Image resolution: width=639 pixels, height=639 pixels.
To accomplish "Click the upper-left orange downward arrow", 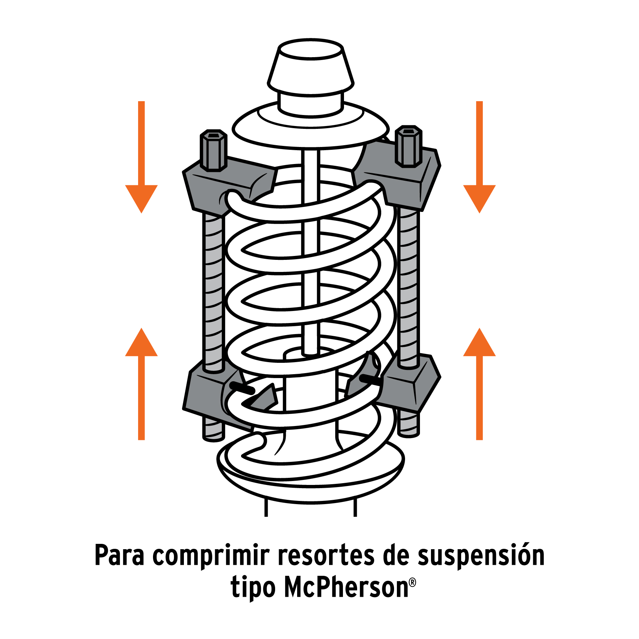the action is point(141,157).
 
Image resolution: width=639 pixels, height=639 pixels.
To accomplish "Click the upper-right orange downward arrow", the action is point(479,157).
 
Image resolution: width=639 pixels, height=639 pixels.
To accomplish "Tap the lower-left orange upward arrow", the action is point(141,384).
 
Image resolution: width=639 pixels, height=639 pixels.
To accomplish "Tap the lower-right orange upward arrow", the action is point(479,384).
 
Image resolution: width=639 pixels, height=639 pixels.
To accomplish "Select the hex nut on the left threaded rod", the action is point(213,150).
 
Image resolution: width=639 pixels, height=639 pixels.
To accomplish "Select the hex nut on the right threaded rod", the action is point(409,146).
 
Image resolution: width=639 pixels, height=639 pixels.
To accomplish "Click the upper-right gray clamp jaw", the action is point(397,174).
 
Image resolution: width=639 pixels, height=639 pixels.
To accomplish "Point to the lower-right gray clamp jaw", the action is point(405,383).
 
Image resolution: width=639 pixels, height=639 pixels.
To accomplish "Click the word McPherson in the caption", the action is point(346,588).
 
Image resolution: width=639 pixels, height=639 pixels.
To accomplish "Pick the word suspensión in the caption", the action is point(481,556).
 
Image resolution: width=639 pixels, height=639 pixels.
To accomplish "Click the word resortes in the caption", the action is point(326,555).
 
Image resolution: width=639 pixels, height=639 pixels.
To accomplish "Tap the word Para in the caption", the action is point(120,555).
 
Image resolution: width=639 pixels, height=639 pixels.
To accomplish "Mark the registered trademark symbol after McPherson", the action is point(413,583).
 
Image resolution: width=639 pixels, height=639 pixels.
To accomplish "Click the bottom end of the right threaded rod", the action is point(409,434).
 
